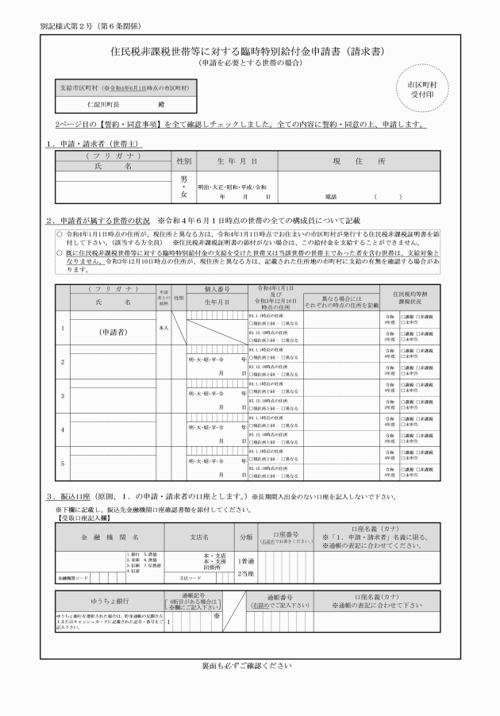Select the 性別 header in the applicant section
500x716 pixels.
click(184, 160)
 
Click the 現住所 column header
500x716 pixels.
click(359, 160)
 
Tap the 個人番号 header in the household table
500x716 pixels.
click(216, 290)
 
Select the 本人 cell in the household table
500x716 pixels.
click(163, 327)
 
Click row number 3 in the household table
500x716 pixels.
click(63, 395)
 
